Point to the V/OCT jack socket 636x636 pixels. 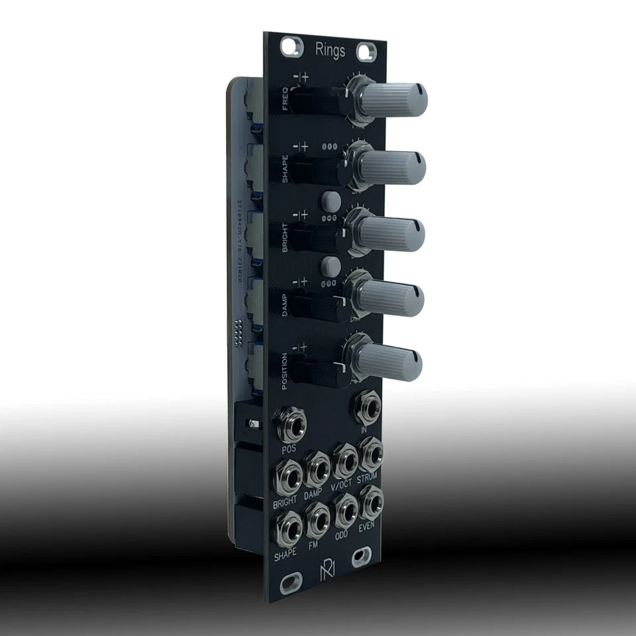(344, 459)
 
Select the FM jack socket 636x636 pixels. (317, 517)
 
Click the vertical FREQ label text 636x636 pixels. (285, 103)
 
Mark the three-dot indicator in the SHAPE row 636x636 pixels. (329, 147)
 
